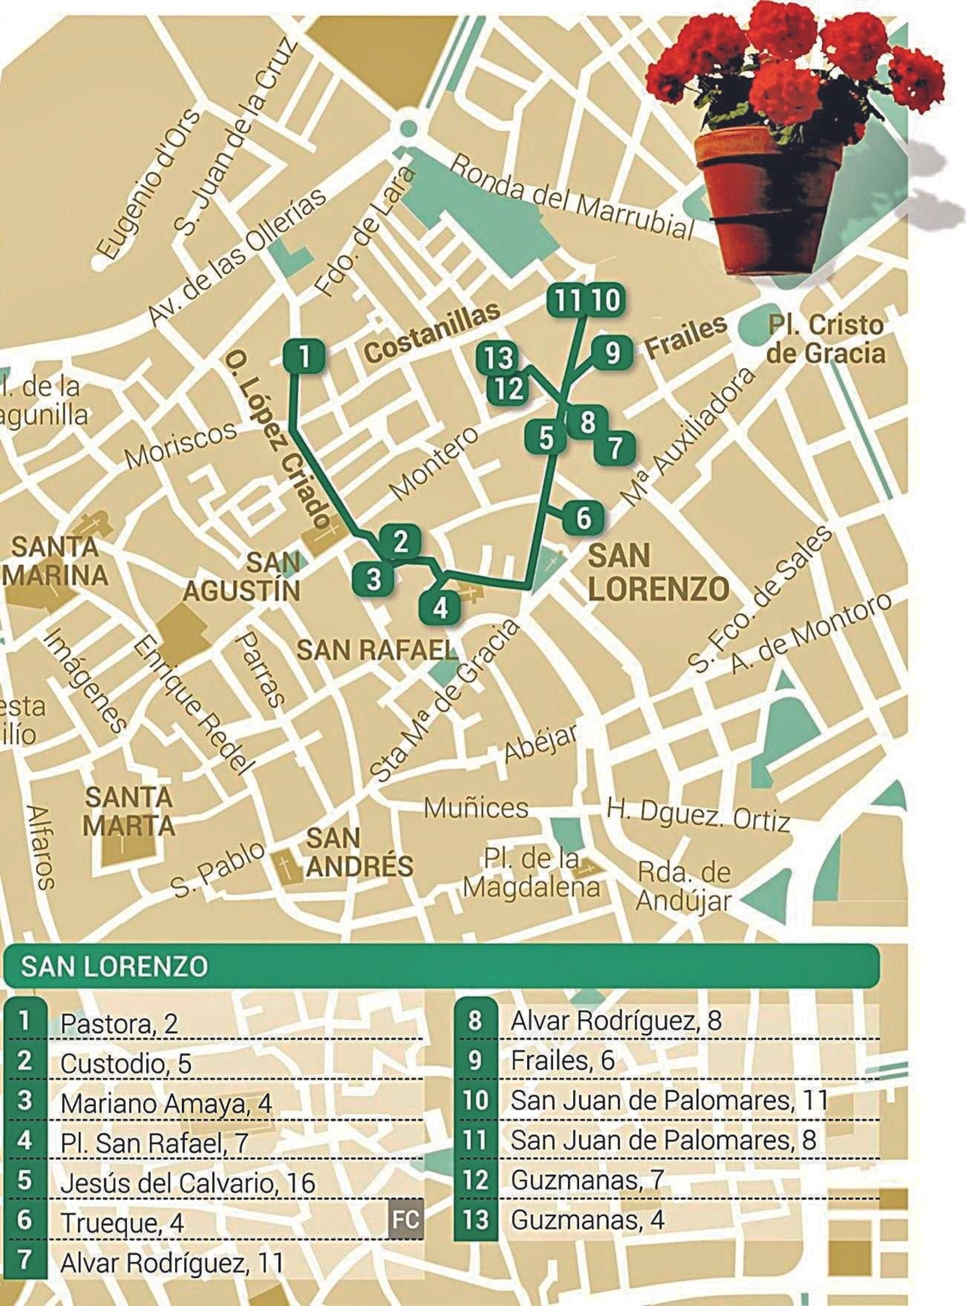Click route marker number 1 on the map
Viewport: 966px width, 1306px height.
304,356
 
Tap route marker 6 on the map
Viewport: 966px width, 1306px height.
583,518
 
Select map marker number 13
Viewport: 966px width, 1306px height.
498,359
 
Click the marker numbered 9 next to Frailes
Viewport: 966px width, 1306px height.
612,353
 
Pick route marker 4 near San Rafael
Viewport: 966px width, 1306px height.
440,607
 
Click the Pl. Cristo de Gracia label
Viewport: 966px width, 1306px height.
826,339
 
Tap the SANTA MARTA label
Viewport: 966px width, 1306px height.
129,812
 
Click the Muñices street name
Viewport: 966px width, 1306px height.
476,808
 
